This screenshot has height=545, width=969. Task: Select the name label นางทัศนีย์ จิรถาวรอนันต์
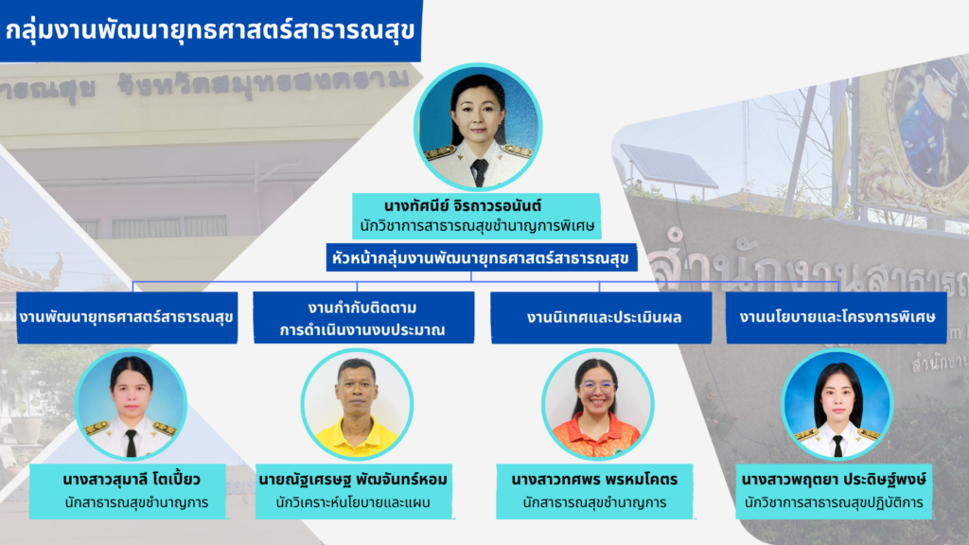[478, 204]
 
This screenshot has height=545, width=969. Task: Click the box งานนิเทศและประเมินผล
[601, 317]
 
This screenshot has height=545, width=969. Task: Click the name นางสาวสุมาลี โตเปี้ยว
[132, 477]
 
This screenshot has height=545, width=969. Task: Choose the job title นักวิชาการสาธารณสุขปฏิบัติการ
[835, 502]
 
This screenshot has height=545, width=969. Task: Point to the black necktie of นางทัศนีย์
[480, 171]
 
